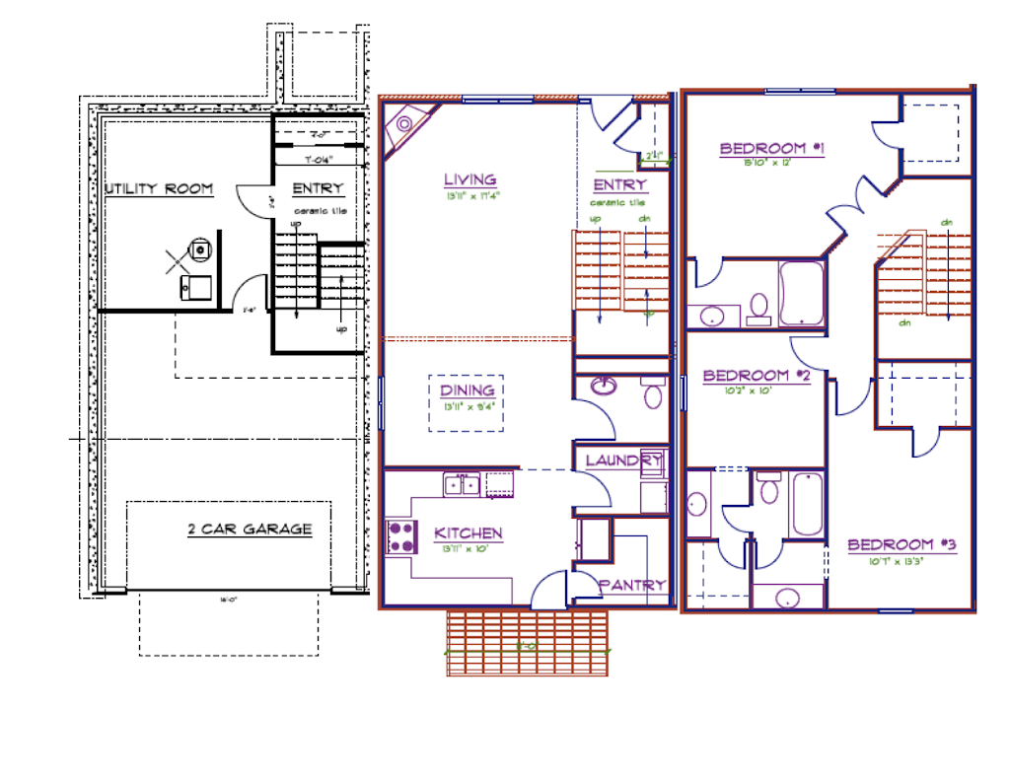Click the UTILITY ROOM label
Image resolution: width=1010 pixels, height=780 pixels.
(158, 188)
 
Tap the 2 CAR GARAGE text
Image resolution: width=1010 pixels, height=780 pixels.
(250, 530)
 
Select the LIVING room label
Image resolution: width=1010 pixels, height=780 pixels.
(469, 179)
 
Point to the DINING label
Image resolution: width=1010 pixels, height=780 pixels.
(467, 390)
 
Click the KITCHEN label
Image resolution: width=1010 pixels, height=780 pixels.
(469, 533)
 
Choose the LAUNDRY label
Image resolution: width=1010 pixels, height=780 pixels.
(623, 461)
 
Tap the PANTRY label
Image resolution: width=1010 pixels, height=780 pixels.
(632, 585)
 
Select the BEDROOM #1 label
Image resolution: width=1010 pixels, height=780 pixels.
(771, 149)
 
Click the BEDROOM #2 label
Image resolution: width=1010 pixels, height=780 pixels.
(757, 376)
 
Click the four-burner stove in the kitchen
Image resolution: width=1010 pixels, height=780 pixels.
(400, 535)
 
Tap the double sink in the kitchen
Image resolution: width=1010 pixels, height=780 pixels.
(461, 483)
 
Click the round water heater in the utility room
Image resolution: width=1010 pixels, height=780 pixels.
(200, 248)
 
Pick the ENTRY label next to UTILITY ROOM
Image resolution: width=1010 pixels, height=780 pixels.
(318, 188)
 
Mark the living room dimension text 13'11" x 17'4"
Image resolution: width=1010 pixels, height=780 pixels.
(472, 195)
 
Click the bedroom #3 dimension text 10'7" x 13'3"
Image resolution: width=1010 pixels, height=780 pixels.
(902, 561)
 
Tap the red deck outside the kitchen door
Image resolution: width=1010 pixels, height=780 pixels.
(527, 643)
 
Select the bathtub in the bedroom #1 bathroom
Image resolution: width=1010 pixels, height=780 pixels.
(802, 293)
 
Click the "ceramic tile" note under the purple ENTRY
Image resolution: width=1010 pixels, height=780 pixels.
(618, 202)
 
